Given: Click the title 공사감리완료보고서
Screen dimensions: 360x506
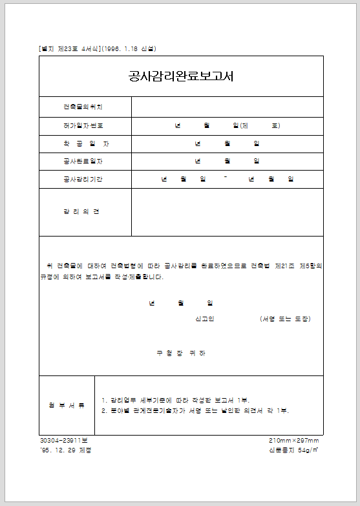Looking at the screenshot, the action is [181, 76].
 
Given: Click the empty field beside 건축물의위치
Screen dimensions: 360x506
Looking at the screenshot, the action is [227, 107].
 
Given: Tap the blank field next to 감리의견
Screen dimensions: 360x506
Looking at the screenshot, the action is [227, 212].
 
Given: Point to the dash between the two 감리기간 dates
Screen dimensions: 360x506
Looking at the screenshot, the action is [224, 178].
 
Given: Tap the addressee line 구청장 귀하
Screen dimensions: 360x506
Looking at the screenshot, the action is [181, 353].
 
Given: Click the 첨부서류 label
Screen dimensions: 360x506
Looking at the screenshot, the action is [67, 405].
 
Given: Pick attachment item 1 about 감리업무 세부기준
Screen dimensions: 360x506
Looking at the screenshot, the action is [175, 400].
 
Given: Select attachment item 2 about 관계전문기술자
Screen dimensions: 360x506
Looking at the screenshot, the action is [195, 411].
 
